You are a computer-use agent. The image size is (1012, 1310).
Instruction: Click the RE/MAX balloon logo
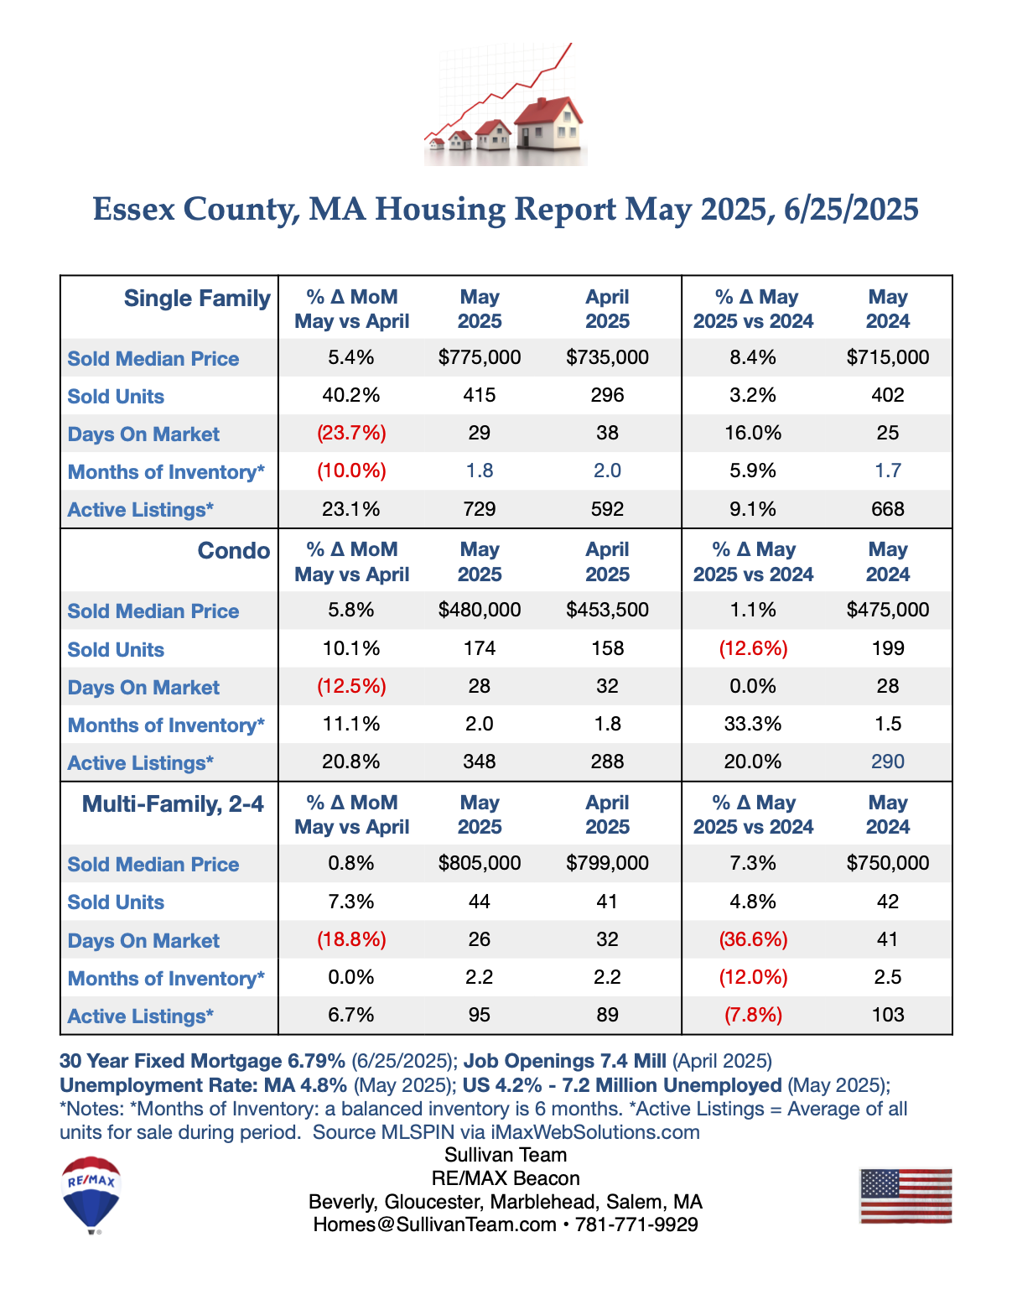(x=91, y=1194)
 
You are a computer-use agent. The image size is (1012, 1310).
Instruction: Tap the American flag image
(x=906, y=1195)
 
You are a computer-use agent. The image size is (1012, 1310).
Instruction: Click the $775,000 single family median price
(x=480, y=357)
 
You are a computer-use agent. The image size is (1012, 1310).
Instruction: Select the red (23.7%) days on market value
(x=351, y=433)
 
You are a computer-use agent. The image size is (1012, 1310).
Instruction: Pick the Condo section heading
(x=234, y=550)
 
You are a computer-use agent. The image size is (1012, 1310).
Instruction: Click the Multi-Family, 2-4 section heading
(x=173, y=803)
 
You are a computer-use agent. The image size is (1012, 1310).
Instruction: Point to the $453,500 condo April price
(x=607, y=610)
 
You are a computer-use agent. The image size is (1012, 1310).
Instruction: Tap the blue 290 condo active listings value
(x=887, y=762)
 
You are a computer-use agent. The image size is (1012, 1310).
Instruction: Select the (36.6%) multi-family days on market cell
(x=753, y=939)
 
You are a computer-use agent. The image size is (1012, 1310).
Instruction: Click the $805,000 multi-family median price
(x=480, y=863)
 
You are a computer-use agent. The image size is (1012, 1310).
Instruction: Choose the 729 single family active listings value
(x=480, y=509)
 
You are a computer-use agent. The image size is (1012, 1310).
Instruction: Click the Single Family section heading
(x=197, y=299)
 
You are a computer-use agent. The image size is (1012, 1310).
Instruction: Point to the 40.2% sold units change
(x=350, y=395)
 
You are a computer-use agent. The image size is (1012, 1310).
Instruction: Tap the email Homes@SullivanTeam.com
(x=434, y=1224)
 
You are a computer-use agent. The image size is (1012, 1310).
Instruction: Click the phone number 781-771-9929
(x=636, y=1224)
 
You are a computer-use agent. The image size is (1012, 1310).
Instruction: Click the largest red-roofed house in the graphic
(x=548, y=123)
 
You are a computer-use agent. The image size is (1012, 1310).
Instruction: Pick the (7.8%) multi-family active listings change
(x=753, y=1015)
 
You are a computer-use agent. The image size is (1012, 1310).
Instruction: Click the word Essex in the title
(x=134, y=209)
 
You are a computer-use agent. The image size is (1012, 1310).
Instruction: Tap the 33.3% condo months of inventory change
(x=753, y=724)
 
